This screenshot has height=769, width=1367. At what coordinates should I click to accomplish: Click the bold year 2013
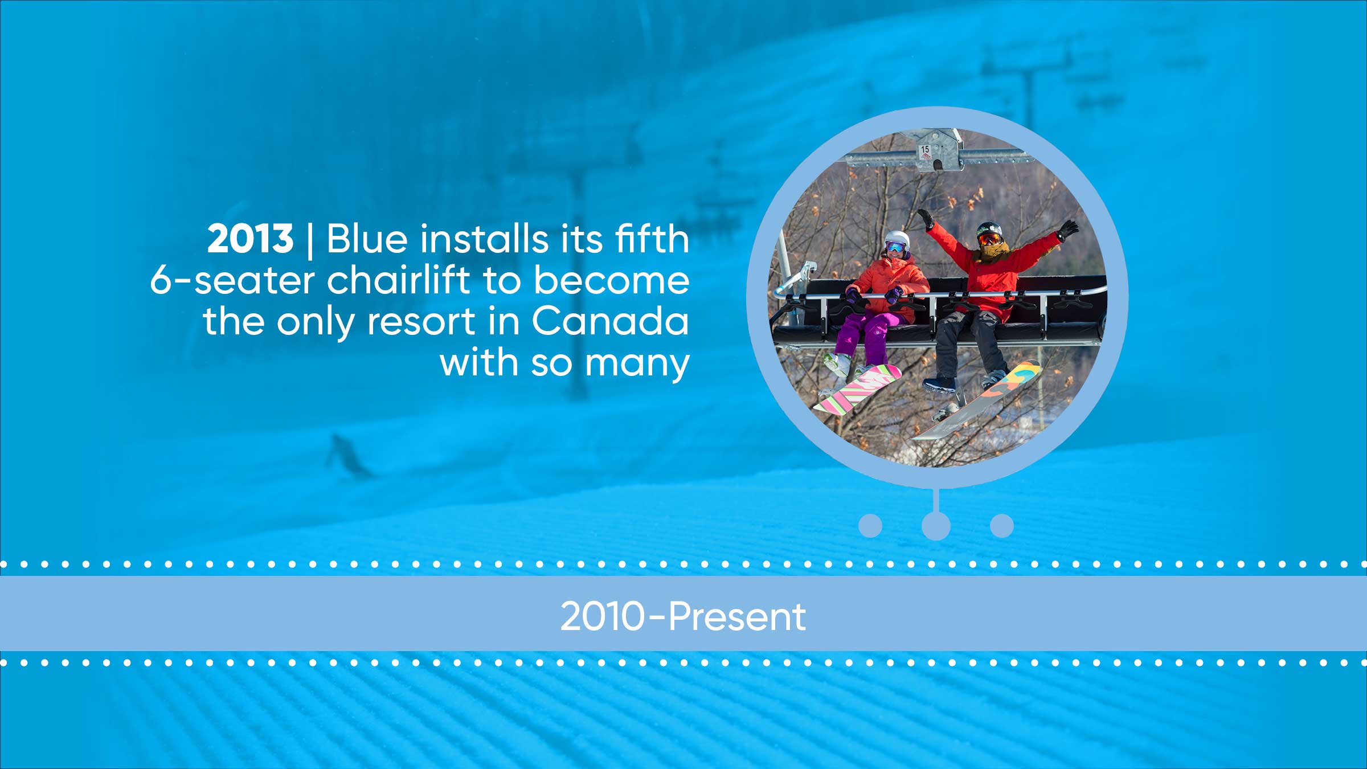click(x=250, y=239)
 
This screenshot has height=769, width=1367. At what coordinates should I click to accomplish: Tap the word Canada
click(x=610, y=321)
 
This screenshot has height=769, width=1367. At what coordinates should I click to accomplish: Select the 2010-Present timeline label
click(x=683, y=616)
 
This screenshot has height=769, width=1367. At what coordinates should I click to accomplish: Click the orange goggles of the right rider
click(x=990, y=238)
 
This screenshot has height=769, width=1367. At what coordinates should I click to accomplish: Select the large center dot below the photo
click(x=936, y=525)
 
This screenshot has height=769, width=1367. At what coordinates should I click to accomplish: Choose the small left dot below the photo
click(x=870, y=525)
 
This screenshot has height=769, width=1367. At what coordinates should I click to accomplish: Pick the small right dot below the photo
click(x=1002, y=525)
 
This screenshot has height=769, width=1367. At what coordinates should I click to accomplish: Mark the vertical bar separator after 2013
click(x=310, y=241)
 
